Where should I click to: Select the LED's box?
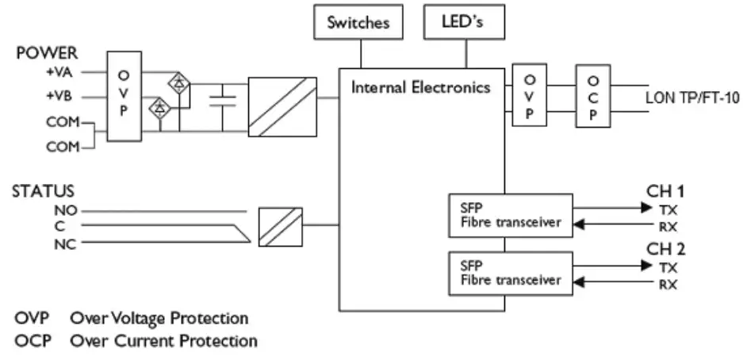[465, 22]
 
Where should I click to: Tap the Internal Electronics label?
[421, 87]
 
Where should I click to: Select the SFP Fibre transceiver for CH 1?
[508, 214]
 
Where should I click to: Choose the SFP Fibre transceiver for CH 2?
[508, 272]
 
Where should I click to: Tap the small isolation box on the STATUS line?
[280, 225]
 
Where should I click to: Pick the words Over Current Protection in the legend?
[163, 341]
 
